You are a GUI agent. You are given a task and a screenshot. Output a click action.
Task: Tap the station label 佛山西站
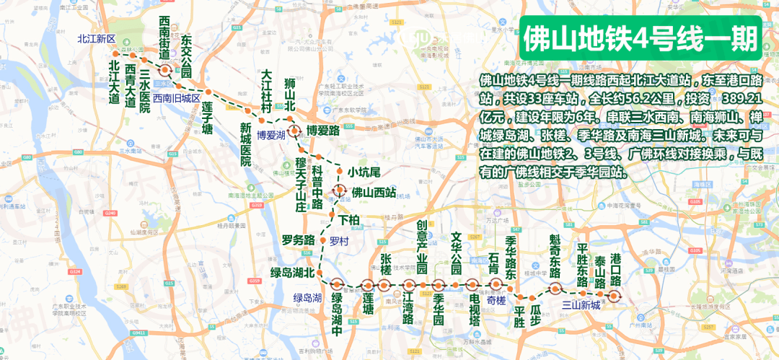pyautogui.click(x=373, y=193)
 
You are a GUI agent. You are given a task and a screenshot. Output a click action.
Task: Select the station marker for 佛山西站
pyautogui.click(x=340, y=191)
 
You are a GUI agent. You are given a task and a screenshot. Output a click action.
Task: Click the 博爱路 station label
pyautogui.click(x=322, y=131)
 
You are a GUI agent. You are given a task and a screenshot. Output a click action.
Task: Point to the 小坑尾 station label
pyautogui.click(x=364, y=172)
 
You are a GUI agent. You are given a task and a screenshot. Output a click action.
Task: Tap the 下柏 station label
pyautogui.click(x=348, y=219)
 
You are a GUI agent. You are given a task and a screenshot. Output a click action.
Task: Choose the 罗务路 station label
pyautogui.click(x=298, y=240)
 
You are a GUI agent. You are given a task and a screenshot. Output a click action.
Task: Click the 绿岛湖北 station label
pyautogui.click(x=292, y=273)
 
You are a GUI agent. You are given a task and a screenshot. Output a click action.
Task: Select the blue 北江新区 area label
pyautogui.click(x=97, y=39)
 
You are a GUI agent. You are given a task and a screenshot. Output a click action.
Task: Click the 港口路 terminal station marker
pyautogui.click(x=614, y=295)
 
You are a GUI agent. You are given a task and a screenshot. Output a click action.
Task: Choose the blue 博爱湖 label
pyautogui.click(x=271, y=135)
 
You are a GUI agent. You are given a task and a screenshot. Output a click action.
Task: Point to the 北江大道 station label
pyautogui.click(x=113, y=83)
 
